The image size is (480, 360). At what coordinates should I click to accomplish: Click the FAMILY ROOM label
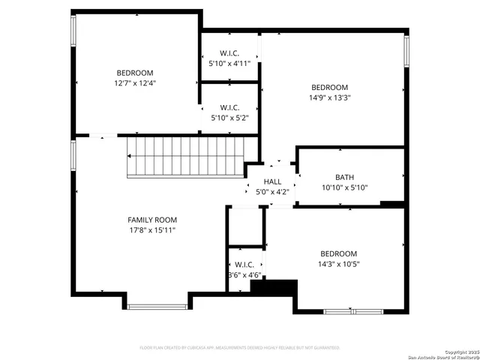click(152, 220)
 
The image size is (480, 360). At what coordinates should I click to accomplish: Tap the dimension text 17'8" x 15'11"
click(152, 230)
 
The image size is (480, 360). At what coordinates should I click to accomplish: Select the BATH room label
click(345, 178)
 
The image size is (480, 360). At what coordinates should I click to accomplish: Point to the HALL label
click(272, 181)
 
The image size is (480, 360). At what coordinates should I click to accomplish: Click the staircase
click(186, 156)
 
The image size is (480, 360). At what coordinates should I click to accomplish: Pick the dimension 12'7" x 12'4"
click(135, 83)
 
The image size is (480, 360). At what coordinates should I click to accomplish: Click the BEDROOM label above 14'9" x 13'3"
click(330, 87)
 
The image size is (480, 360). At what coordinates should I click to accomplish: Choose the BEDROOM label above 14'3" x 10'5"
click(339, 253)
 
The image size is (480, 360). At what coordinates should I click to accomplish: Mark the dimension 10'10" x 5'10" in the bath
click(345, 188)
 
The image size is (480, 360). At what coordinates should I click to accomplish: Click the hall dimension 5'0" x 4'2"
click(272, 192)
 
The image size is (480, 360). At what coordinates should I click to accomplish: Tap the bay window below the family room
click(157, 306)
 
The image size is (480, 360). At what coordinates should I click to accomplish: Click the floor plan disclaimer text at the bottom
click(240, 347)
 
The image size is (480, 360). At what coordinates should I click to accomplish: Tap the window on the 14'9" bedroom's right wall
click(406, 51)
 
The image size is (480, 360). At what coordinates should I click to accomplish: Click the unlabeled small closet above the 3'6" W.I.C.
click(245, 226)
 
